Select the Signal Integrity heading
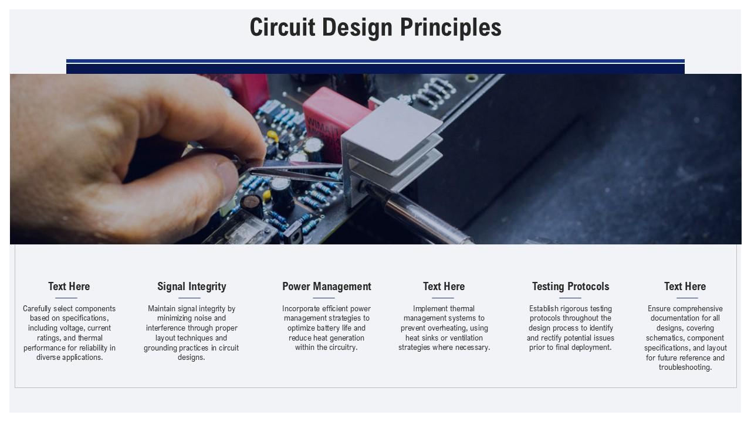191,287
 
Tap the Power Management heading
326,287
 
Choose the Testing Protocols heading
570,287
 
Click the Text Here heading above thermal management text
444,287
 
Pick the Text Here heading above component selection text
69,287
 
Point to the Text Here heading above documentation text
685,287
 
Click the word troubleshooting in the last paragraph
685,367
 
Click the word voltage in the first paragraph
73,328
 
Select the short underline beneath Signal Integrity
189,298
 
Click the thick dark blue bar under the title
375,69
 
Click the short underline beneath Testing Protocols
570,298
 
